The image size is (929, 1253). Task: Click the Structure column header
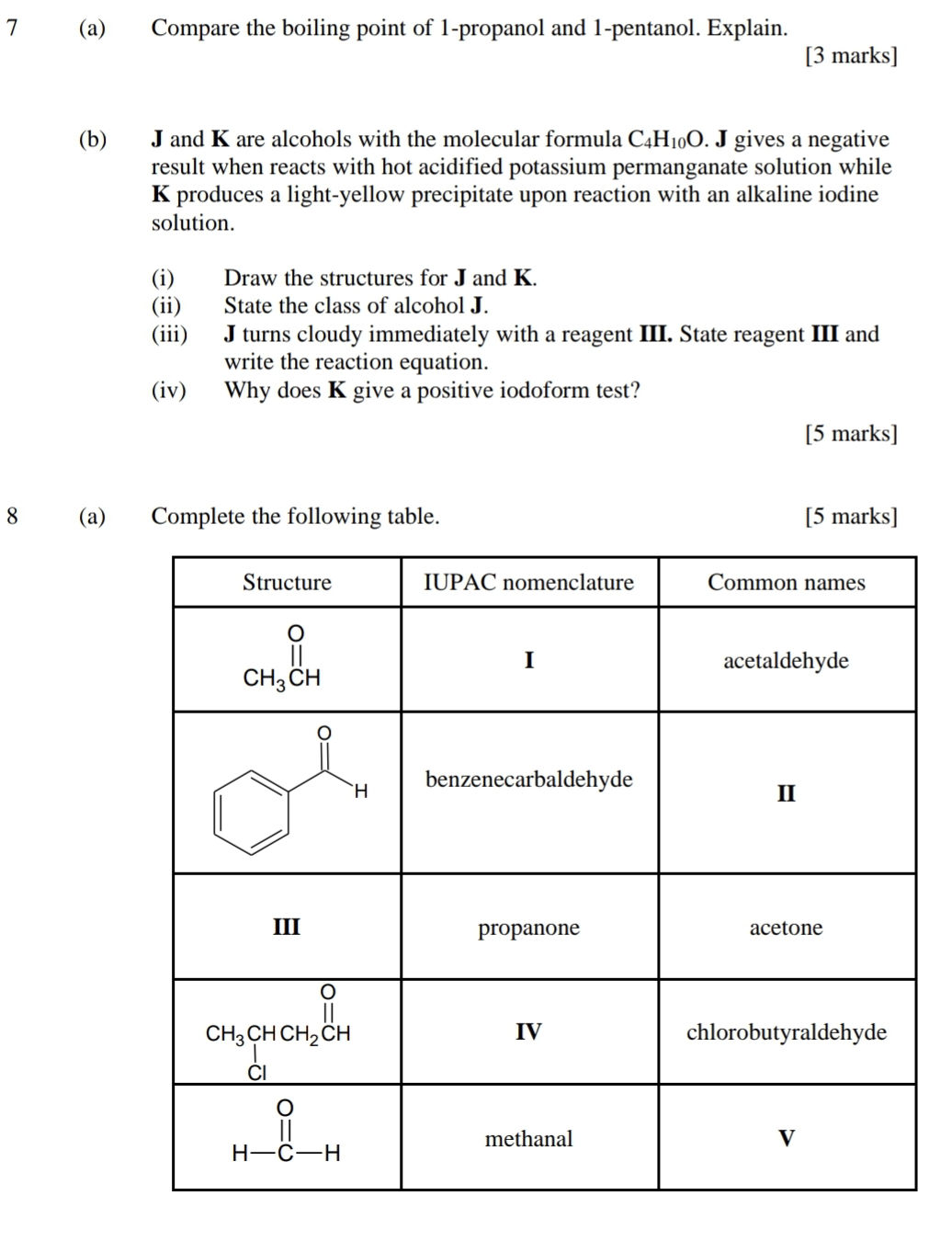pyautogui.click(x=287, y=582)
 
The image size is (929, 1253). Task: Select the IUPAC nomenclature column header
pyautogui.click(x=528, y=582)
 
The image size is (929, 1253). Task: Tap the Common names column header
pyautogui.click(x=786, y=582)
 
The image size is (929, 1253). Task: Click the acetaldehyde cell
pyautogui.click(x=786, y=660)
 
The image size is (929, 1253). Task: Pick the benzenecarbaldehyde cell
pyautogui.click(x=528, y=780)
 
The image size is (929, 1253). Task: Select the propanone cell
pyautogui.click(x=528, y=928)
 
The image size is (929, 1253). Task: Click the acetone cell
pyautogui.click(x=786, y=928)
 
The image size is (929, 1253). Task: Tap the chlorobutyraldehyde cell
pyautogui.click(x=786, y=1032)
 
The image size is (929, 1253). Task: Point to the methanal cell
pyautogui.click(x=528, y=1139)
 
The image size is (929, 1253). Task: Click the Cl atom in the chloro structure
pyautogui.click(x=257, y=1072)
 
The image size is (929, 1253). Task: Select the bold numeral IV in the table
pyautogui.click(x=528, y=1031)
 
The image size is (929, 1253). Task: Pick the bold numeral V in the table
pyautogui.click(x=786, y=1138)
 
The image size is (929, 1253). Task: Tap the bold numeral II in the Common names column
pyautogui.click(x=786, y=793)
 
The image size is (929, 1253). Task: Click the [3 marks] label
pyautogui.click(x=851, y=56)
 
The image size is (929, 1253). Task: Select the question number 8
pyautogui.click(x=12, y=516)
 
